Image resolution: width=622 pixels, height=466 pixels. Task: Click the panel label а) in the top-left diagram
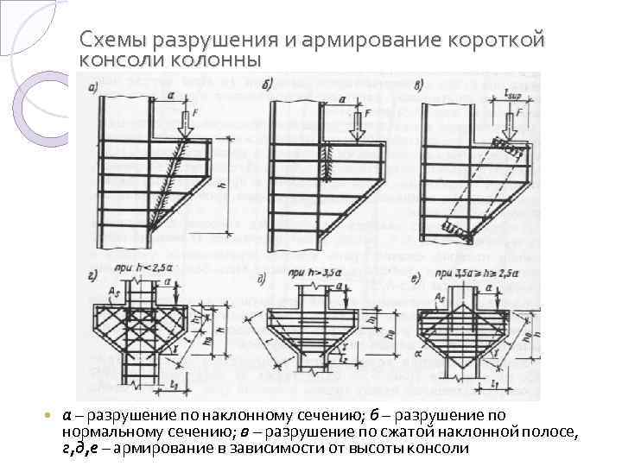pyautogui.click(x=89, y=86)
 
